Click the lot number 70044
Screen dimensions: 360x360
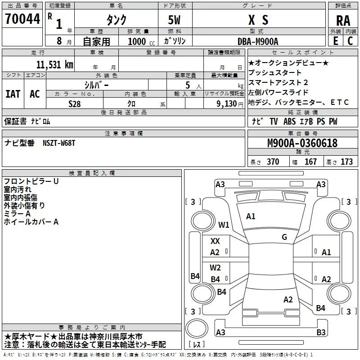(22, 19)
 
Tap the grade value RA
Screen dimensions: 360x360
(343, 21)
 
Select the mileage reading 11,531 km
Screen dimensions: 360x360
(54, 64)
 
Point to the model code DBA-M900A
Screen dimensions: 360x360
(258, 41)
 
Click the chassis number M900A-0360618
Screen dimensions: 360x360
(302, 143)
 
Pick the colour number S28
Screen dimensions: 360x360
(75, 104)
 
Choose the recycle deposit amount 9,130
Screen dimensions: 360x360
(227, 104)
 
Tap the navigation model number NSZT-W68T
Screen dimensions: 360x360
(59, 143)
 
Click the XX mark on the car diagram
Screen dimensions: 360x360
(215, 241)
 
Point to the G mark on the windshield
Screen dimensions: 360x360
(284, 237)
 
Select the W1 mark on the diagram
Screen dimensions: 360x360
(224, 225)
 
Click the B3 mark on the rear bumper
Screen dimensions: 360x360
(321, 332)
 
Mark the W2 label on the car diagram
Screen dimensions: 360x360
(215, 268)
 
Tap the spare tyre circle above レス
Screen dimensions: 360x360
(197, 328)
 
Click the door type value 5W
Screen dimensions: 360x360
(174, 20)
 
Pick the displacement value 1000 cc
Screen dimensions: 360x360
(141, 41)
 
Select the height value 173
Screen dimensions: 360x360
(346, 162)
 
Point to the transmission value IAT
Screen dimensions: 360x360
(13, 94)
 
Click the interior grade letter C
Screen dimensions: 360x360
(350, 41)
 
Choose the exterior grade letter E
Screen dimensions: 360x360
(336, 41)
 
